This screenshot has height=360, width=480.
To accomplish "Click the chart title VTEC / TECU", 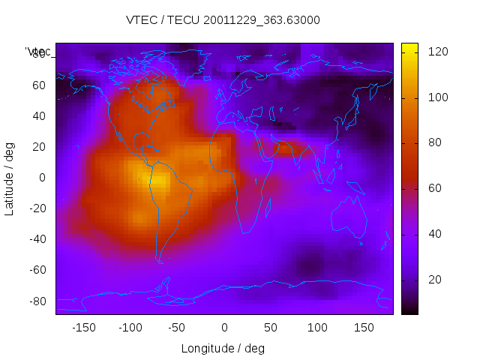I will point(223,20).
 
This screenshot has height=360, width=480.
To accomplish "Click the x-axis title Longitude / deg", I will point(223,348).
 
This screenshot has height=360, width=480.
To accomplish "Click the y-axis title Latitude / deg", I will point(10,177).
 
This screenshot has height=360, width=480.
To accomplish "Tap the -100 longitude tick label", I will point(130,327).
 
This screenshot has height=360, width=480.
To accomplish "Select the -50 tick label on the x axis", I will point(177,327).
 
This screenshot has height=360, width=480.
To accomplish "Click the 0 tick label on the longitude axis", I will point(224,327).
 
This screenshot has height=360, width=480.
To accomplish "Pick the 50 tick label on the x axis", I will point(271,327).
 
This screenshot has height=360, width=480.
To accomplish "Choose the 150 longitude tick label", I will point(364,327).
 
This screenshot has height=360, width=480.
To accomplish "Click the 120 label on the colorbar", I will point(438,52).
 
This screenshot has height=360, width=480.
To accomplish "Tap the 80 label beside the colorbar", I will point(436,142).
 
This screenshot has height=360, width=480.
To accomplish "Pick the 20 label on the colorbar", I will point(436,280).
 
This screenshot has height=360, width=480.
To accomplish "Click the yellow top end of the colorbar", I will point(409,47).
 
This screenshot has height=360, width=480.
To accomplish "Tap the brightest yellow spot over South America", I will point(160,181).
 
